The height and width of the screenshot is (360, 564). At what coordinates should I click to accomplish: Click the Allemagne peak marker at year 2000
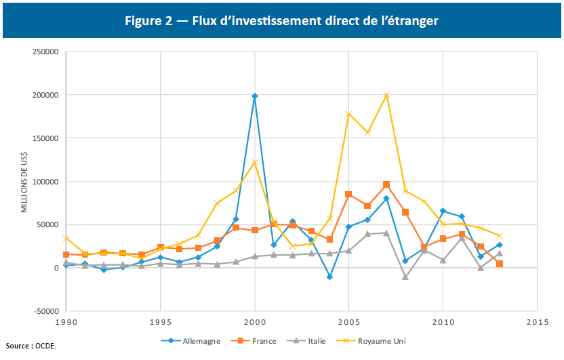pos(255,96)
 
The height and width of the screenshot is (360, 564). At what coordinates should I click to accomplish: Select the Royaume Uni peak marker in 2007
pos(386,95)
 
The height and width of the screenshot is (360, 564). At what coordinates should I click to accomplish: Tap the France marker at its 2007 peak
pos(386,184)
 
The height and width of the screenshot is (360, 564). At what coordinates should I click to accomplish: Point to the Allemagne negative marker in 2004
pos(330,277)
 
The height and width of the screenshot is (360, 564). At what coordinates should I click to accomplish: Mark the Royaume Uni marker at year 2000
pos(255,162)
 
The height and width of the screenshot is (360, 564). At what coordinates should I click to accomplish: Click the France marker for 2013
pos(500,264)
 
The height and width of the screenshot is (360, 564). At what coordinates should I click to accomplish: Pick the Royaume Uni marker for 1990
pos(66,238)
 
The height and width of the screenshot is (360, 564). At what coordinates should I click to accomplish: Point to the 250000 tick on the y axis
pos(44,52)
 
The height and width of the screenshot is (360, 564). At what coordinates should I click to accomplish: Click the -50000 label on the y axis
pos(44,311)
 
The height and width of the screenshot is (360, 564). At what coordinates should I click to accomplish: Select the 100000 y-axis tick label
pos(44,182)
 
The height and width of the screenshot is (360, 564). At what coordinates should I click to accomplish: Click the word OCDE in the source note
pos(46,346)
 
